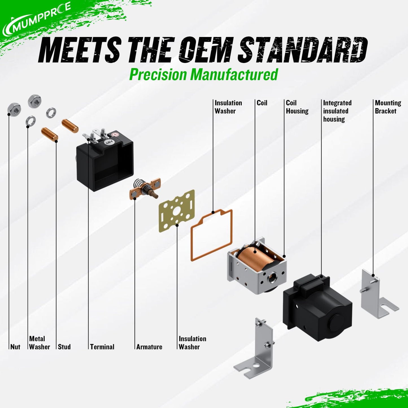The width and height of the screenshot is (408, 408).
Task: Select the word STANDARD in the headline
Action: coord(303,49)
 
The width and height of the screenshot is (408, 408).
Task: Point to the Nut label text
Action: coord(16,347)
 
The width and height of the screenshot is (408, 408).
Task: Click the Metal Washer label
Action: coord(40,343)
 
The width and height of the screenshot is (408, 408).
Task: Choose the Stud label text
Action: coord(64,347)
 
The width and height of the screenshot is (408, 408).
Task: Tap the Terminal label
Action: coord(102,347)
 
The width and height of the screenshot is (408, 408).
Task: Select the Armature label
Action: coord(149,347)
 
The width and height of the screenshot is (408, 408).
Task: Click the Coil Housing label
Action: coord(297,107)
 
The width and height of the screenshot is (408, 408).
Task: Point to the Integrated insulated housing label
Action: coord(337,111)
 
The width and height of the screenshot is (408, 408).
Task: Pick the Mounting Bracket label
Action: coord(388,107)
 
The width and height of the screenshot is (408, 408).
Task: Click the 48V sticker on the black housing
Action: coord(108,142)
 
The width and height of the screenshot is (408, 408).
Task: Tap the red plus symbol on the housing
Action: coord(115,135)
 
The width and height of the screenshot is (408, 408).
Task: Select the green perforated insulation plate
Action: coord(177,211)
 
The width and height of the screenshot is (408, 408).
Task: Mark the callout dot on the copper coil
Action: coord(255,252)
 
